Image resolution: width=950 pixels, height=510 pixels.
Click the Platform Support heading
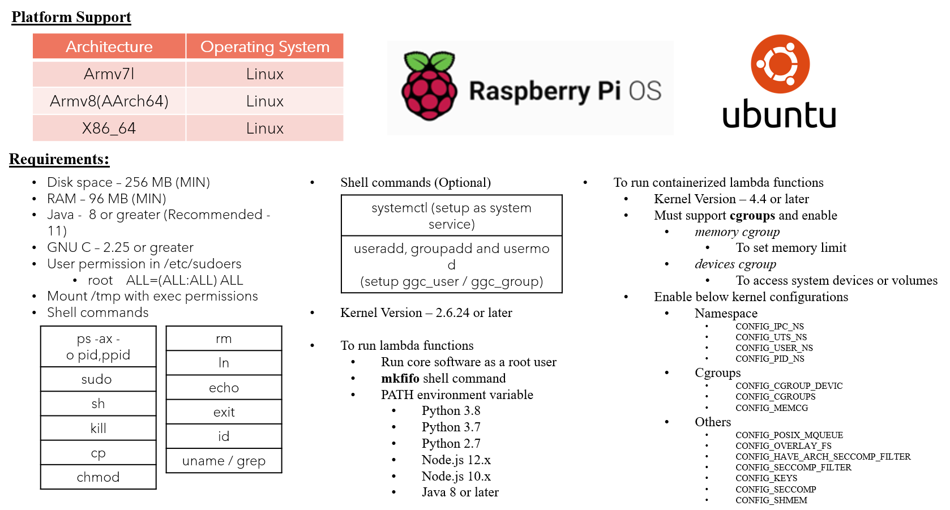tap(71, 17)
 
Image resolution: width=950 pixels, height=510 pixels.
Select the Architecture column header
tap(109, 46)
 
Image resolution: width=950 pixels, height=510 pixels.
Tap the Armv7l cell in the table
tap(109, 74)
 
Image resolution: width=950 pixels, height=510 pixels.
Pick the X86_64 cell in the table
tap(109, 128)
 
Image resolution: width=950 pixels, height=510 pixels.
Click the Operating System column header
tap(265, 46)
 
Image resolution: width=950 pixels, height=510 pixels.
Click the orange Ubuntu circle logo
tap(780, 64)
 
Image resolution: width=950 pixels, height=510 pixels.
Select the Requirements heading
tap(59, 159)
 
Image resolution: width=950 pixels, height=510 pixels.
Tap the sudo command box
tap(98, 379)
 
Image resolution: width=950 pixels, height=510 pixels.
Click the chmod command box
tap(98, 477)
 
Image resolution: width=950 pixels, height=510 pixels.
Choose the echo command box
tap(224, 388)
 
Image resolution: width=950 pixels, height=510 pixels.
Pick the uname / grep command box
tap(224, 461)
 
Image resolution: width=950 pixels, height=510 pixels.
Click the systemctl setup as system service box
tap(451, 216)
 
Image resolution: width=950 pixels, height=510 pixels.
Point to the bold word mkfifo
tap(400, 378)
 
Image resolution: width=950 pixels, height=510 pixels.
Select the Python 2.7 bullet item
tap(451, 443)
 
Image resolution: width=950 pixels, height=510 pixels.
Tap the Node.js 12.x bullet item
tap(456, 460)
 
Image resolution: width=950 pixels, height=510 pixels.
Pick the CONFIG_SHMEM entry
tap(771, 500)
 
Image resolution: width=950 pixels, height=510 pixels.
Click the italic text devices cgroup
tap(735, 264)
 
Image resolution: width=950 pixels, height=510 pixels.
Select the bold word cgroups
tap(752, 216)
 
